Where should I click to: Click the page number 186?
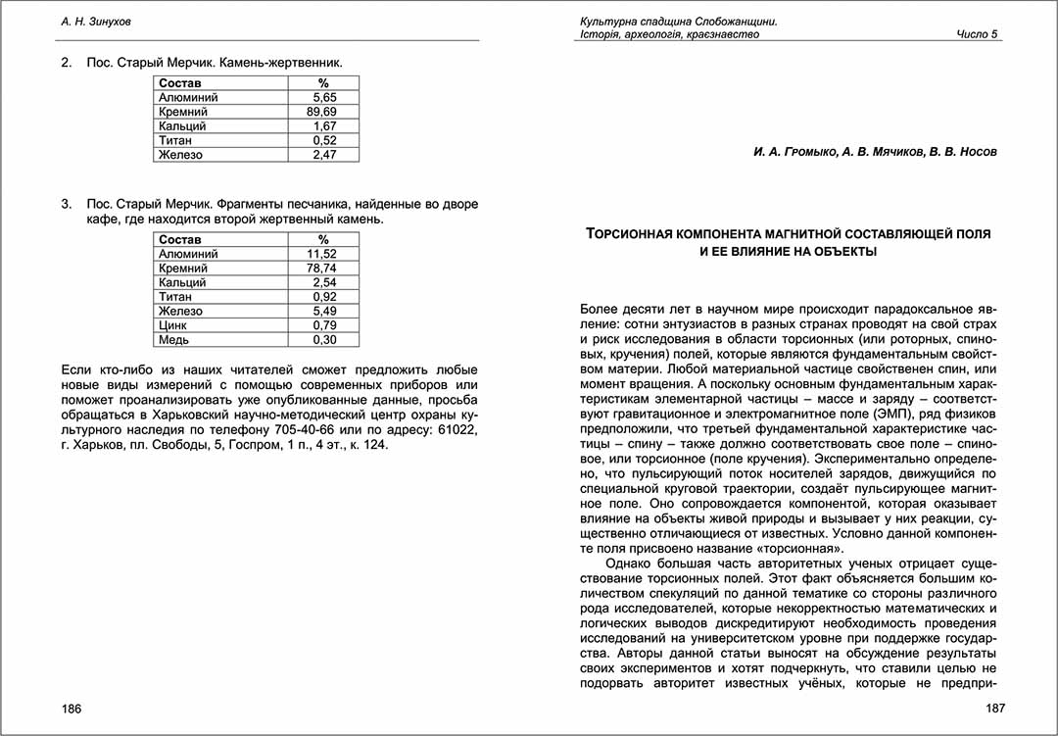tap(72, 709)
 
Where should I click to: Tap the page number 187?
tap(986, 709)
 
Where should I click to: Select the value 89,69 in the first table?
tap(321, 112)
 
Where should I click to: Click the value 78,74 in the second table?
tap(321, 268)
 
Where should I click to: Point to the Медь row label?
tap(173, 339)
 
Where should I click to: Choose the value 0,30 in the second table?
tap(324, 339)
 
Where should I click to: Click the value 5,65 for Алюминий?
tap(324, 98)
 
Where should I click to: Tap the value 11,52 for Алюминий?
tap(321, 254)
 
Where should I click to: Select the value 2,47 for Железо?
tap(324, 155)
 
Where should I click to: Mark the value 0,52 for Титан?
tap(324, 140)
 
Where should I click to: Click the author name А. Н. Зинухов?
tap(96, 21)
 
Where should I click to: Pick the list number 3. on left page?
tap(67, 205)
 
